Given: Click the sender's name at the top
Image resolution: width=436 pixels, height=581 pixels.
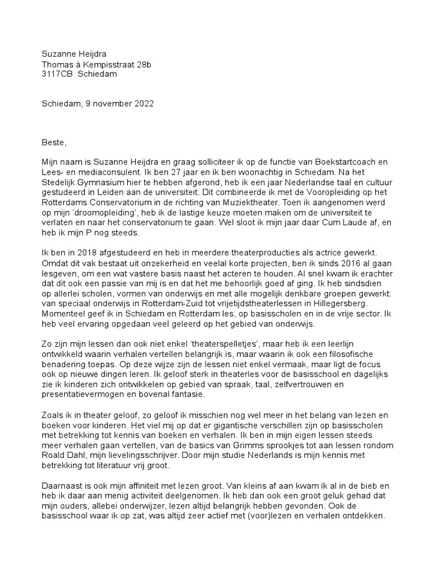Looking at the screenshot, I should pyautogui.click(x=75, y=54).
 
